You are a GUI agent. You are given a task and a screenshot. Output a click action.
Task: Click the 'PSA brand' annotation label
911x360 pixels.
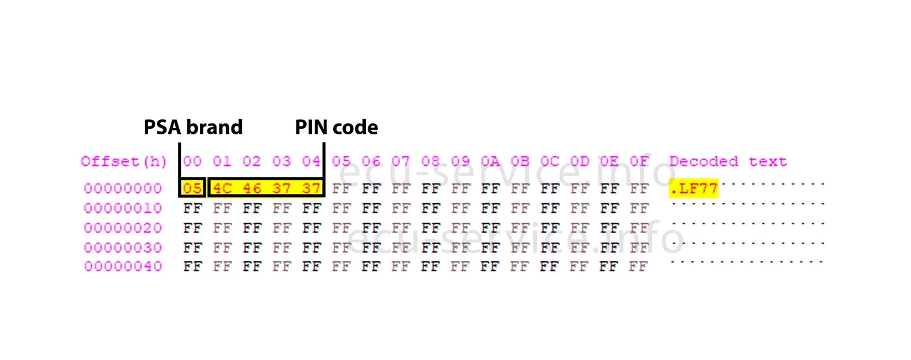(193, 127)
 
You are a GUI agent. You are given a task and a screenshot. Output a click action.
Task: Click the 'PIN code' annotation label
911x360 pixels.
(336, 127)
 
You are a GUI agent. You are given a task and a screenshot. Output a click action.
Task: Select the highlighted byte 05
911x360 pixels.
(192, 188)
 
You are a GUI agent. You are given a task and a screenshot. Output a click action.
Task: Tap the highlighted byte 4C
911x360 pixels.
(222, 188)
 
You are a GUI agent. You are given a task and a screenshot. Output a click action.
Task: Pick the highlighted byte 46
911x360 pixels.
(252, 188)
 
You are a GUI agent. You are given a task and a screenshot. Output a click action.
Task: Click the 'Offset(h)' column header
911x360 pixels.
(123, 161)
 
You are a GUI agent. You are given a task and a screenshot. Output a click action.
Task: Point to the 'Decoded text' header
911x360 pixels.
(728, 161)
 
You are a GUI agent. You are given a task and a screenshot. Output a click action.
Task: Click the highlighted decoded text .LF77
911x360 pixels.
(694, 188)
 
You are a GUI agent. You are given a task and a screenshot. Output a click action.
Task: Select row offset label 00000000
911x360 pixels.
(123, 188)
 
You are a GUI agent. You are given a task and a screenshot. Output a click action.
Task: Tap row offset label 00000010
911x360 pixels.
(123, 208)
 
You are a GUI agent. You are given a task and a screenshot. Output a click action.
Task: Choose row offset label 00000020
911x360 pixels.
(123, 228)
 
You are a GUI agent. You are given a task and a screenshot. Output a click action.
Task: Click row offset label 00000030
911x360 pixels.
(123, 247)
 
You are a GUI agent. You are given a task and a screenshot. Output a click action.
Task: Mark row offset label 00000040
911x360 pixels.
(123, 266)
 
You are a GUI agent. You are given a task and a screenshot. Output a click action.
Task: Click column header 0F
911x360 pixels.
(639, 161)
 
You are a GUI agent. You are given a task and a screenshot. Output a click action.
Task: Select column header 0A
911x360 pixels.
(490, 161)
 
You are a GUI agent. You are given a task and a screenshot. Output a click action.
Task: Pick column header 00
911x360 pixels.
(192, 161)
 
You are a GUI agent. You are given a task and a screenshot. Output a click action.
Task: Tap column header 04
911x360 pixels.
(311, 161)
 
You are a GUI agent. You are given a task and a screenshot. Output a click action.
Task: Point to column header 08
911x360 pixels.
(430, 161)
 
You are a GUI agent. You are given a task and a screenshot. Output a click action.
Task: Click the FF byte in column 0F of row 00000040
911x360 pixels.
(638, 266)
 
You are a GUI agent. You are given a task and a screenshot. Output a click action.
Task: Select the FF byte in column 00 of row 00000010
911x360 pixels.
(192, 208)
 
